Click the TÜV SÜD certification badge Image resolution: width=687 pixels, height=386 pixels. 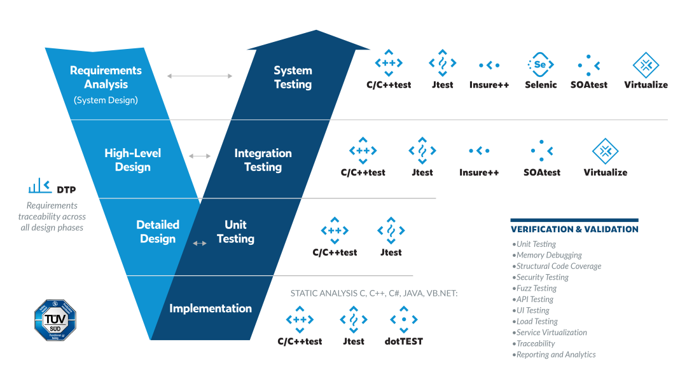click(55, 321)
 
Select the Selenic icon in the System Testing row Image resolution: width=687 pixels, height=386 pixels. click(540, 65)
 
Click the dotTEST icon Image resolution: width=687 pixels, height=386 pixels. click(403, 320)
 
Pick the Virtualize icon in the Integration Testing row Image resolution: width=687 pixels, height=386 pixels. click(605, 151)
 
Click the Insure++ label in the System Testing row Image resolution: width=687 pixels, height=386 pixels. click(489, 85)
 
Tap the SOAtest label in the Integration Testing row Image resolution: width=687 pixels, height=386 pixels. click(542, 172)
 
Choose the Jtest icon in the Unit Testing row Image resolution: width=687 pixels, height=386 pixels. click(391, 231)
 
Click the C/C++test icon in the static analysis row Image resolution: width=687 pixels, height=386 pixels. click(300, 320)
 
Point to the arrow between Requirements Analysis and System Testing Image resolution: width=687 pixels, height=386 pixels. click(200, 76)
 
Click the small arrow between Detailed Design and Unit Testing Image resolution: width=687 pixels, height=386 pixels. click(200, 243)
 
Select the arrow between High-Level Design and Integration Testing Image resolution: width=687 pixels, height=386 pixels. click(200, 156)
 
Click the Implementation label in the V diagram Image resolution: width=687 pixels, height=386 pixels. click(211, 308)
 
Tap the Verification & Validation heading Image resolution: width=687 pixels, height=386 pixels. click(574, 229)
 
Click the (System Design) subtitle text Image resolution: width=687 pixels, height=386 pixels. click(106, 100)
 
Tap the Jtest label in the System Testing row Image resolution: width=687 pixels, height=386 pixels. click(442, 85)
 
